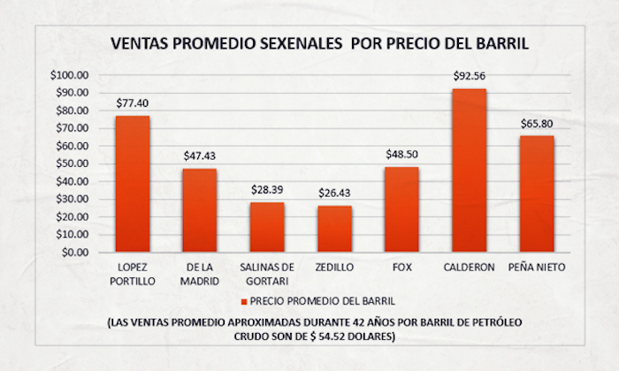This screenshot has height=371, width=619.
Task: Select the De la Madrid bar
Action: pos(200,210)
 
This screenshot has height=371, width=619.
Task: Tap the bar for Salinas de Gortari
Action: pos(267,227)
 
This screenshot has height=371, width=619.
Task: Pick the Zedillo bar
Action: pos(334,229)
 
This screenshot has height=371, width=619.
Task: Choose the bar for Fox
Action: pos(401,209)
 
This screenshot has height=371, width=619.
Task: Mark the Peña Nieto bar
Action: pos(537,193)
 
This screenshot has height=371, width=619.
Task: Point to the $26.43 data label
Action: pos(334,193)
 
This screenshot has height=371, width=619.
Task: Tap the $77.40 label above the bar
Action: pos(133,102)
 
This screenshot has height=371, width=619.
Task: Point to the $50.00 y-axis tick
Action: pos(73,163)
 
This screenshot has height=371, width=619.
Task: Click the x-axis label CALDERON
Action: pos(469,265)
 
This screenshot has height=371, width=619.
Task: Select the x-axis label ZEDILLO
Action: pos(334,265)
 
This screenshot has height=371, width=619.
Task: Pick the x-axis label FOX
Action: pos(401,265)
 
